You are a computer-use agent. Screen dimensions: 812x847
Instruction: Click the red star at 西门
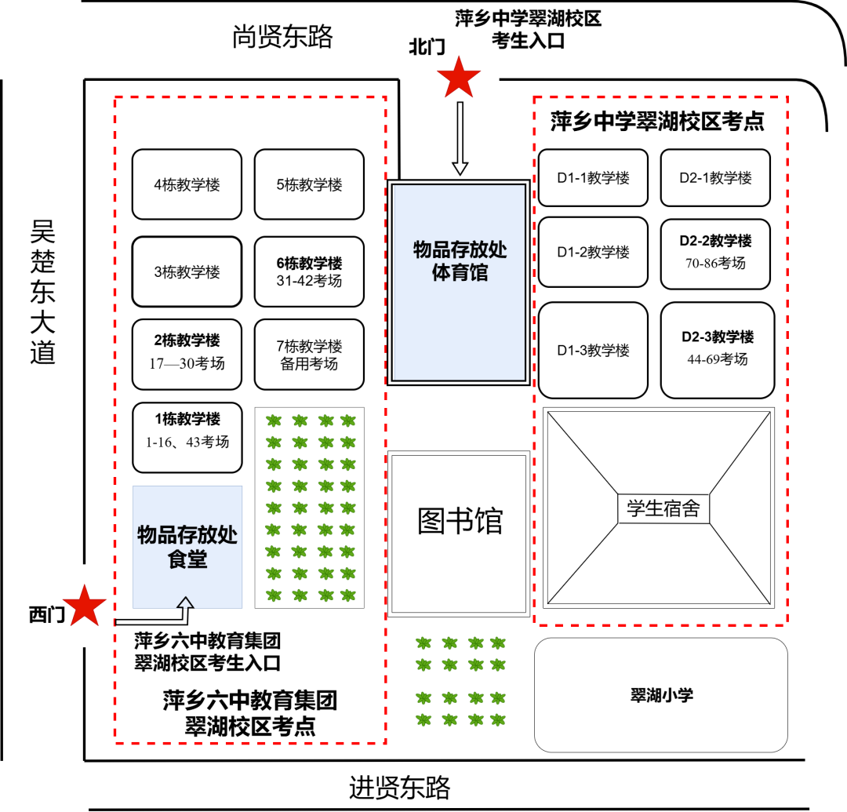[85, 606]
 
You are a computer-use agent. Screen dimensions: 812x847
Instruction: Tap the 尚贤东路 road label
[282, 37]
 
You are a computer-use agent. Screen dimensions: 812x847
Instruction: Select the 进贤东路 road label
[400, 786]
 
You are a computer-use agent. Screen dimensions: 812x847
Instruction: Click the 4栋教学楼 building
[187, 185]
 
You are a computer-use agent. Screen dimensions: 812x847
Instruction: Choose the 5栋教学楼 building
[309, 185]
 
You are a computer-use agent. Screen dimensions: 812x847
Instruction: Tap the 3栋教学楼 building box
[187, 272]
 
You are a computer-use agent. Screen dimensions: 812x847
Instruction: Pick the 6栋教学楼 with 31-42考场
[309, 271]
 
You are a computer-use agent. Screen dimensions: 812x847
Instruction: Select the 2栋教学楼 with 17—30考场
[187, 354]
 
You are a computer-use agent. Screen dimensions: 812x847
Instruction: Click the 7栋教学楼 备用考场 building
[309, 354]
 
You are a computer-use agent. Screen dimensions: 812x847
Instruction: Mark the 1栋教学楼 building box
[187, 436]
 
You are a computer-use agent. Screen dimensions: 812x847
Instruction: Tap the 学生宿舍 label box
[663, 510]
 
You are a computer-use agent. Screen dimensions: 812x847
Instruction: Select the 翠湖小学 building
[661, 695]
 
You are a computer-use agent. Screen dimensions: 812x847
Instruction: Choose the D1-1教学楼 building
[593, 178]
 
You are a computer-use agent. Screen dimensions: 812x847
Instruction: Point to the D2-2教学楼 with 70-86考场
[715, 252]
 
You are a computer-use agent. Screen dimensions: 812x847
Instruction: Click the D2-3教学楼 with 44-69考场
[717, 350]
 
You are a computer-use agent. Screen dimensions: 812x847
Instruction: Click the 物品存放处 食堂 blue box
[187, 547]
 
